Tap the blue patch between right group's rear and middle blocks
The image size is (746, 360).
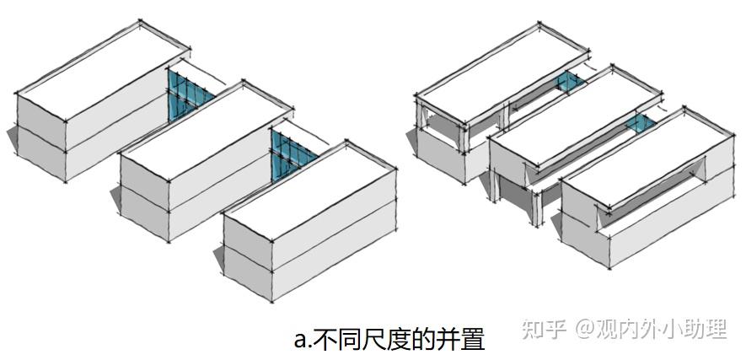tap(572, 82)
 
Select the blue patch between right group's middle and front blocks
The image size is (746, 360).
tap(641, 125)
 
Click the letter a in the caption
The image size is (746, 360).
tap(299, 340)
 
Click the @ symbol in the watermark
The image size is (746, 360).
tap(585, 329)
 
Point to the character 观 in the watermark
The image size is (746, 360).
tap(608, 329)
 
